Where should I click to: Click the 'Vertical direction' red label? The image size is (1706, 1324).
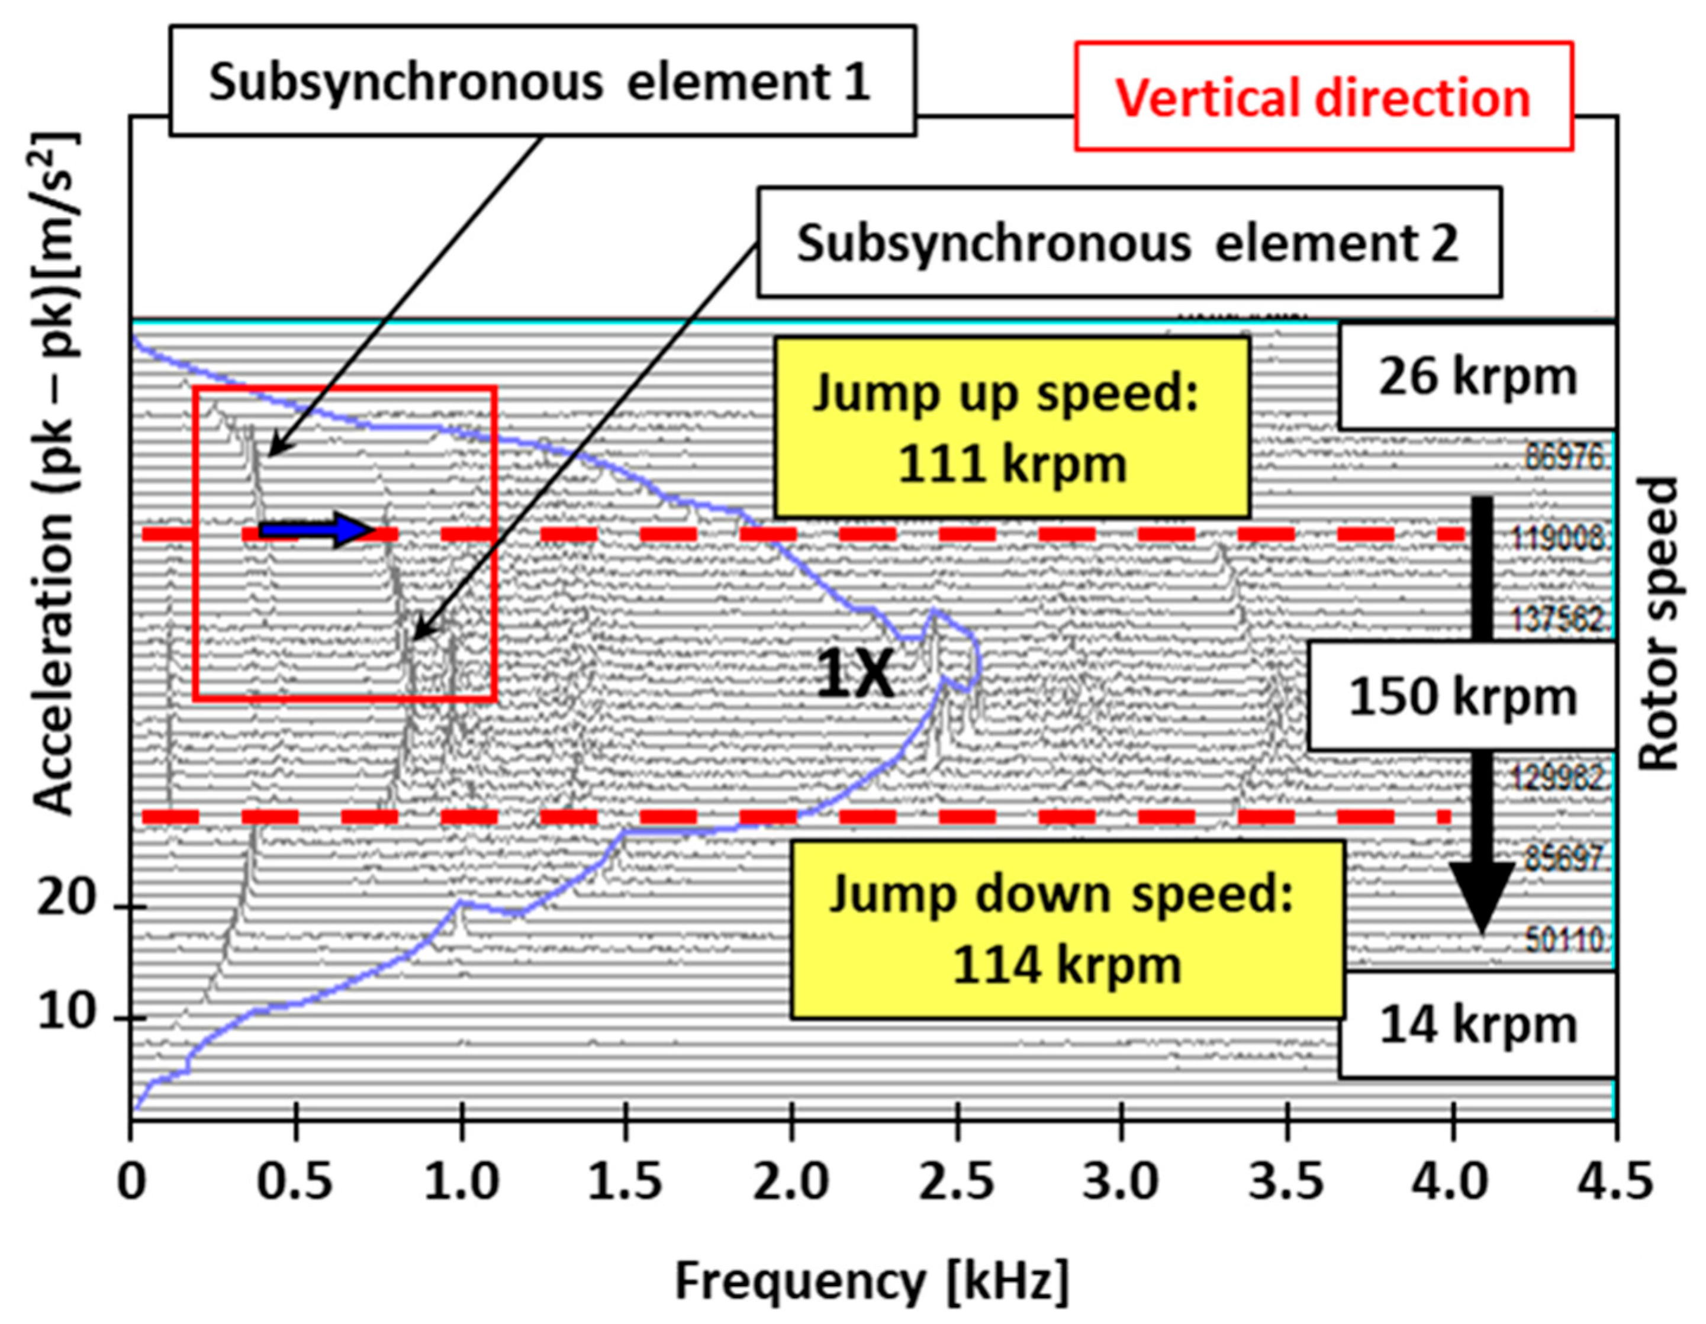(1323, 97)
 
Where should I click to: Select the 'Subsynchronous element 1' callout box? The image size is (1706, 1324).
(542, 80)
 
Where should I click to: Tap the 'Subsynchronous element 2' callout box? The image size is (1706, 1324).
(1129, 242)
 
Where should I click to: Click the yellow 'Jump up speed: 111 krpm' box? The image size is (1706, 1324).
(1012, 427)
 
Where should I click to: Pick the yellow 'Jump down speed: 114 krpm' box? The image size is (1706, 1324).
(1067, 929)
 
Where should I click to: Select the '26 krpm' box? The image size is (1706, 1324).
(1476, 376)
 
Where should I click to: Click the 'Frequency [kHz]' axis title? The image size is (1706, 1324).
(871, 1282)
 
